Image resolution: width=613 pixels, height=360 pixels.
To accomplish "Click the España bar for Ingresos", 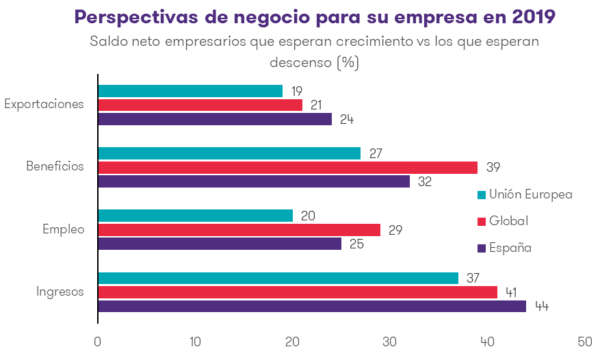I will tap(312, 306).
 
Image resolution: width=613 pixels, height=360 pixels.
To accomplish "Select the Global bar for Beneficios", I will tap(287, 167).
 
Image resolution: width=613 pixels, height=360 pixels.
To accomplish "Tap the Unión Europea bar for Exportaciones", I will tap(190, 91).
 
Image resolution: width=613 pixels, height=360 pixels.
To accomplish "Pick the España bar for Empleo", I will tap(220, 244).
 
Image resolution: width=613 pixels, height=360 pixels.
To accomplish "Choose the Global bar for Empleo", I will tap(239, 230).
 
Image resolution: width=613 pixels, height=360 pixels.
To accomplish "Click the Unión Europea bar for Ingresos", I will tap(278, 278).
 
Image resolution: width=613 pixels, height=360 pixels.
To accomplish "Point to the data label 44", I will tap(542, 306).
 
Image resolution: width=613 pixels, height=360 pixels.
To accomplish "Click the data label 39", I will tap(493, 167).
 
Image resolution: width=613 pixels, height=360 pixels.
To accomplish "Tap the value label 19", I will tap(296, 91).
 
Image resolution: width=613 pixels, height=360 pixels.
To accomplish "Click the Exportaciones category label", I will tap(44, 105).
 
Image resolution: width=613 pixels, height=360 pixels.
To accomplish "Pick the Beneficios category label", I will tap(55, 166).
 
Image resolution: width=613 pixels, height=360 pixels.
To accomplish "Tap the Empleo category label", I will tap(63, 229).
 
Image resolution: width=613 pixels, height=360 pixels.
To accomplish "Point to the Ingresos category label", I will tap(60, 292).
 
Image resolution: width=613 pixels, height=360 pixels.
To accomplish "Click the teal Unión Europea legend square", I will tap(481, 195).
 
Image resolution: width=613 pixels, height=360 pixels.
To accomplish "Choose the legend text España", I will tap(510, 248).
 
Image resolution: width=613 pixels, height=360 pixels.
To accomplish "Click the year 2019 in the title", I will tap(534, 16).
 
